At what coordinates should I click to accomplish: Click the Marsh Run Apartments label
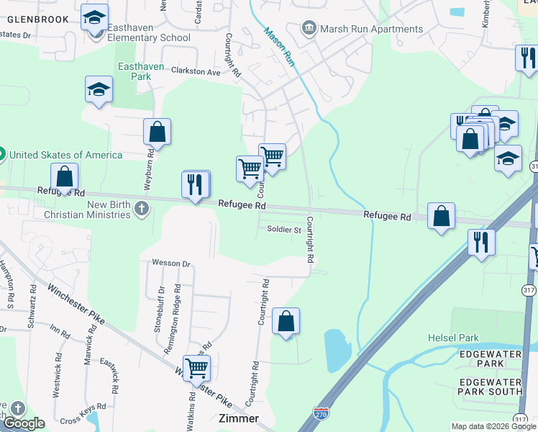[x=371, y=29]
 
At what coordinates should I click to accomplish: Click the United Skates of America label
[x=65, y=154]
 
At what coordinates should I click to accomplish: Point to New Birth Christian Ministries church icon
[x=142, y=209]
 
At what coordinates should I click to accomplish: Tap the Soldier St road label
[x=283, y=230]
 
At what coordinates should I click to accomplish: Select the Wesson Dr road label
[x=170, y=264]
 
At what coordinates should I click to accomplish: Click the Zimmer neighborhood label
[x=238, y=418]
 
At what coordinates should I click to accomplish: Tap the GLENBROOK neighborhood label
[x=39, y=19]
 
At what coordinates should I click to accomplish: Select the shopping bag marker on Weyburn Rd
[x=157, y=132]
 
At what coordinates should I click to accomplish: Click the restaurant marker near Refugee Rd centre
[x=196, y=185]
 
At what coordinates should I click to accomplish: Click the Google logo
[x=23, y=423]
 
